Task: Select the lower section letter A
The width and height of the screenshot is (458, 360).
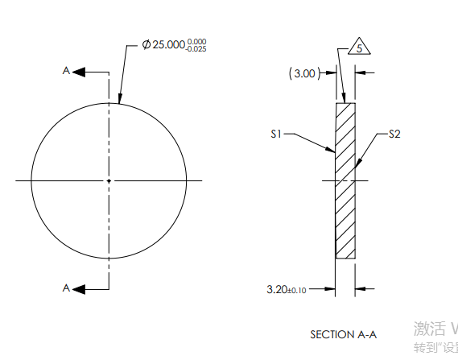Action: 66,288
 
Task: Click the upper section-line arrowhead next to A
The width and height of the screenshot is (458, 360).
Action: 78,72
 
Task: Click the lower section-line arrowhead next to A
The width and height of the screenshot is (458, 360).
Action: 78,288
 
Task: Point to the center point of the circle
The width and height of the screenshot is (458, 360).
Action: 109,181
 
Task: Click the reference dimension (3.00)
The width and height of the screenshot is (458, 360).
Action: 303,73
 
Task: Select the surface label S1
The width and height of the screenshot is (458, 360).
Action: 275,134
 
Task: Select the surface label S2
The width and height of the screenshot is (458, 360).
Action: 394,134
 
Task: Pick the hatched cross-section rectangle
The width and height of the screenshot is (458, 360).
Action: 345,180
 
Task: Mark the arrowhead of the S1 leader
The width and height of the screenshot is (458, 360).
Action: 332,150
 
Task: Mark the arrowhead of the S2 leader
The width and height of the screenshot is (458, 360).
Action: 357,163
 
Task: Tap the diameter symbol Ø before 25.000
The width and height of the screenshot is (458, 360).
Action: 146,45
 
